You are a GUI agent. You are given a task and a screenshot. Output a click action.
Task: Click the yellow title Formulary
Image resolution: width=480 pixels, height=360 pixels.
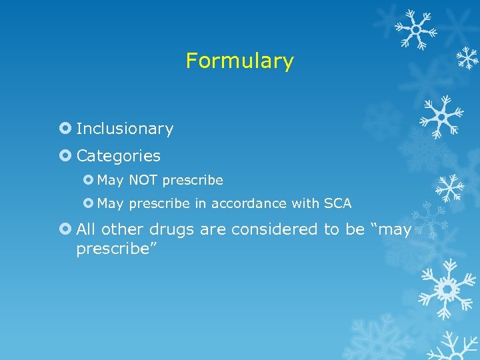[239, 61]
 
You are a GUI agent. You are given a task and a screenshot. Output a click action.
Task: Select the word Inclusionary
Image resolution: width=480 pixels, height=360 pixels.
[125, 129]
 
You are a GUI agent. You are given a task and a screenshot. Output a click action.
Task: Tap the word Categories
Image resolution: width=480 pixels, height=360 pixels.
[118, 156]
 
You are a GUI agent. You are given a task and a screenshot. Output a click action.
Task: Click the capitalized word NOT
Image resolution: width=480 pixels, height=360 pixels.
[143, 180]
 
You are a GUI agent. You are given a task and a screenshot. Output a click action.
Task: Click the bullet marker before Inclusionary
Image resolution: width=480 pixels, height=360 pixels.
[65, 129]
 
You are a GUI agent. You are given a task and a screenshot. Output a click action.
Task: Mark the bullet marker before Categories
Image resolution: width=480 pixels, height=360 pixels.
[65, 156]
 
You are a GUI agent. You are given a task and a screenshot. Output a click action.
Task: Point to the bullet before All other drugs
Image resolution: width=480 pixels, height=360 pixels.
[65, 229]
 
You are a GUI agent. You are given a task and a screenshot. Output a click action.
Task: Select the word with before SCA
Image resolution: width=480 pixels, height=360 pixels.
[304, 203]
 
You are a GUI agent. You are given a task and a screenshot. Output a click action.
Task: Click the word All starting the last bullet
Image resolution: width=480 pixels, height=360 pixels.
[85, 229]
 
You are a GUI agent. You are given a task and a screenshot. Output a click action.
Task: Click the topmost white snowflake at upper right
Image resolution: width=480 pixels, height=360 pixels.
[415, 29]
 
